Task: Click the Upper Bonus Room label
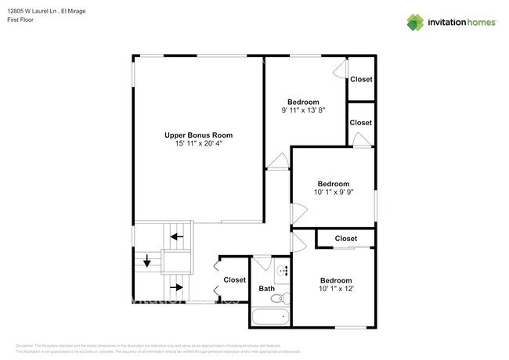198,135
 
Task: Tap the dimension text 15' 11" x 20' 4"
198,143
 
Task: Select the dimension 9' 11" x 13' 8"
303,110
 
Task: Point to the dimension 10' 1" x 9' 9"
334,193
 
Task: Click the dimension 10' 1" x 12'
335,289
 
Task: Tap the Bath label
266,288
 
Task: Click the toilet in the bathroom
285,297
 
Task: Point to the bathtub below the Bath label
270,318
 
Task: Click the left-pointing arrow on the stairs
179,236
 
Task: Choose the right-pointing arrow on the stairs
178,287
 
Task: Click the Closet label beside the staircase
234,279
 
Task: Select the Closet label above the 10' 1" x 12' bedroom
345,239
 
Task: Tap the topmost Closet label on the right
361,79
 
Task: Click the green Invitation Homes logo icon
415,22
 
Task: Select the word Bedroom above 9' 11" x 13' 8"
303,102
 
